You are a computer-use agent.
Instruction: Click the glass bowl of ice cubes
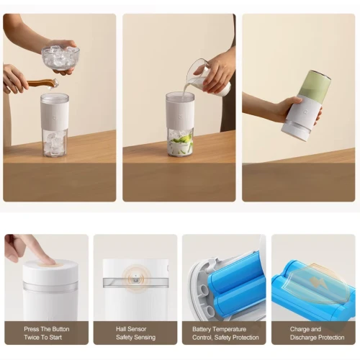point(60,57)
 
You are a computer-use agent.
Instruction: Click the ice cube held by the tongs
point(54,84)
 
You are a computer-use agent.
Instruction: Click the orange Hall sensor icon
point(136,279)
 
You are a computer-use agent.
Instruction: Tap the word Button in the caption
point(60,329)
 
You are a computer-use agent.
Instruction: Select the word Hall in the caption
point(122,329)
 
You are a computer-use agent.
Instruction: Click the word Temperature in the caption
point(230,329)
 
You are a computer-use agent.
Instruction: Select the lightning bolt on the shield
point(315,280)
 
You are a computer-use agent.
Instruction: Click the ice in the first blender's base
point(55,143)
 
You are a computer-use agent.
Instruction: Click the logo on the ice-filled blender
point(55,118)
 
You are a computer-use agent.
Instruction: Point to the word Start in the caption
point(55,337)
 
